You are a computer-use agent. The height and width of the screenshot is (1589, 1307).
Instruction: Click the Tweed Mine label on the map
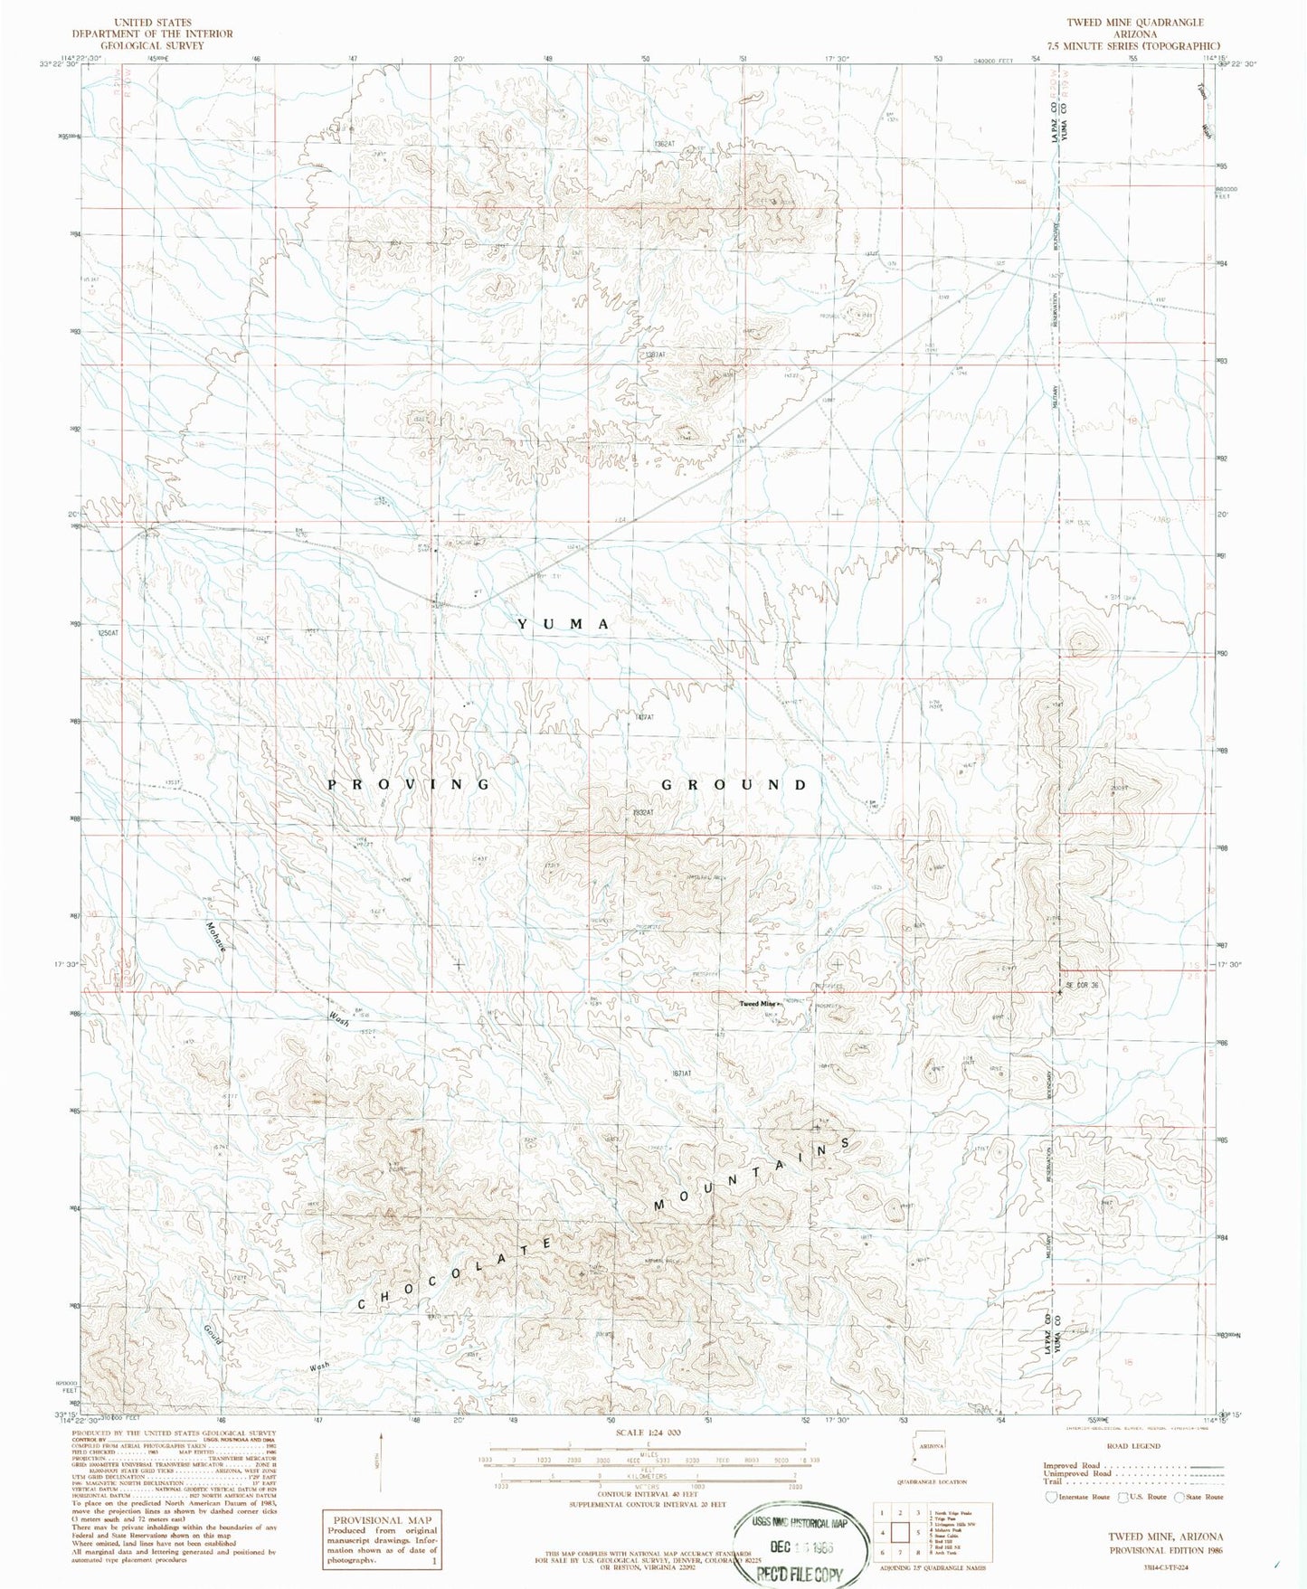click(x=758, y=1004)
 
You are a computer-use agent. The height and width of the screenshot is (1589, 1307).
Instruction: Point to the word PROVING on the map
click(x=408, y=784)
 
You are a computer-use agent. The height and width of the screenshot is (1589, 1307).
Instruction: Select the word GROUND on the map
click(x=734, y=784)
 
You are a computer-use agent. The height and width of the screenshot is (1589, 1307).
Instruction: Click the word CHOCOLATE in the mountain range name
click(x=456, y=1273)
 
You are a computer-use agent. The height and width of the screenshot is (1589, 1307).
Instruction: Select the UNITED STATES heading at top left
click(x=153, y=23)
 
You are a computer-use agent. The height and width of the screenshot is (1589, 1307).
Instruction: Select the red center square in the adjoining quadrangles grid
click(x=900, y=1532)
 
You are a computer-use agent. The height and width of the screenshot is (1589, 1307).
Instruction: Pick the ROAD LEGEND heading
click(x=1132, y=1446)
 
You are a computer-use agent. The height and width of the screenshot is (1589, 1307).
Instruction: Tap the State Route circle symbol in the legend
click(x=1180, y=1497)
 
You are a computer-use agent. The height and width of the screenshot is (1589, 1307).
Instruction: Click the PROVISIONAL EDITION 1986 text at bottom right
click(x=1166, y=1550)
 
